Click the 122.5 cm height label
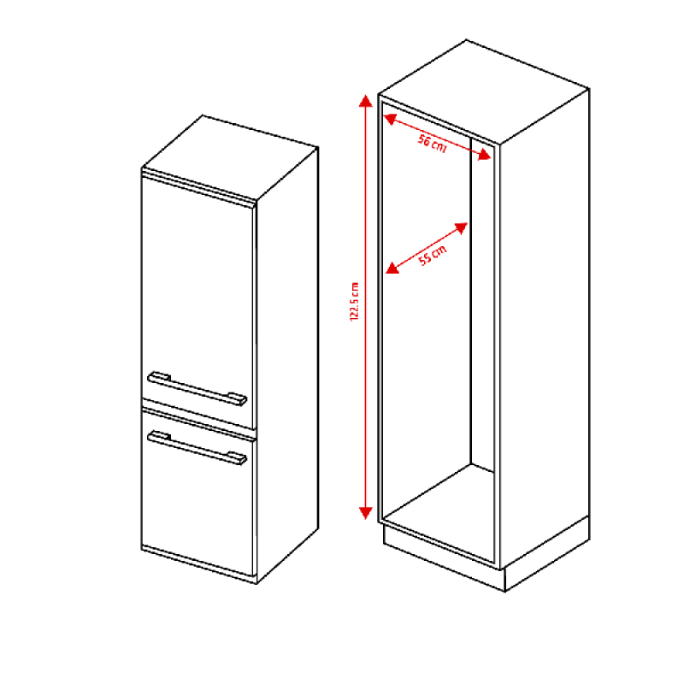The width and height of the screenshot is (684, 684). pyautogui.click(x=355, y=302)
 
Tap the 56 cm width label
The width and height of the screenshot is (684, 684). pyautogui.click(x=433, y=144)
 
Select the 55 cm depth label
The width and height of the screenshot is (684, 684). pyautogui.click(x=433, y=255)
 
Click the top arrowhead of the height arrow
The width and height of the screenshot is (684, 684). pyautogui.click(x=366, y=101)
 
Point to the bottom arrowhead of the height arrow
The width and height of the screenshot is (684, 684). pyautogui.click(x=366, y=513)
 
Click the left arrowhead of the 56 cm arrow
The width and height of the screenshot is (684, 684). pyautogui.click(x=390, y=119)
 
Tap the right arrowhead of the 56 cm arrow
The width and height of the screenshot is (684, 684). pyautogui.click(x=485, y=155)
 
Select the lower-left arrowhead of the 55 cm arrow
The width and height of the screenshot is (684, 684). pyautogui.click(x=392, y=268)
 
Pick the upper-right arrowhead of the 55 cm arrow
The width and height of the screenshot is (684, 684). pyautogui.click(x=461, y=228)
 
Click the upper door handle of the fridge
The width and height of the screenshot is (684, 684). pyautogui.click(x=198, y=389)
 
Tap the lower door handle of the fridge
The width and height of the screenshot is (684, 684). pyautogui.click(x=198, y=447)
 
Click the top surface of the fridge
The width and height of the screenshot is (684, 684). pyautogui.click(x=230, y=157)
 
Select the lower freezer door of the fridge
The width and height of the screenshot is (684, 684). pyautogui.click(x=198, y=493)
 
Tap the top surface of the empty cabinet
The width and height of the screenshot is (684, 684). pyautogui.click(x=484, y=91)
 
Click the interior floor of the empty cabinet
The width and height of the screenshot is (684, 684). pyautogui.click(x=439, y=512)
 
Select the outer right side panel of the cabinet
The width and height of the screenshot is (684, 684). pyautogui.click(x=545, y=327)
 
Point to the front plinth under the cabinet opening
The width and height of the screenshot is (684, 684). pyautogui.click(x=444, y=558)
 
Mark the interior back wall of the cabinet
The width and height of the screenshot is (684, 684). pyautogui.click(x=482, y=305)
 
